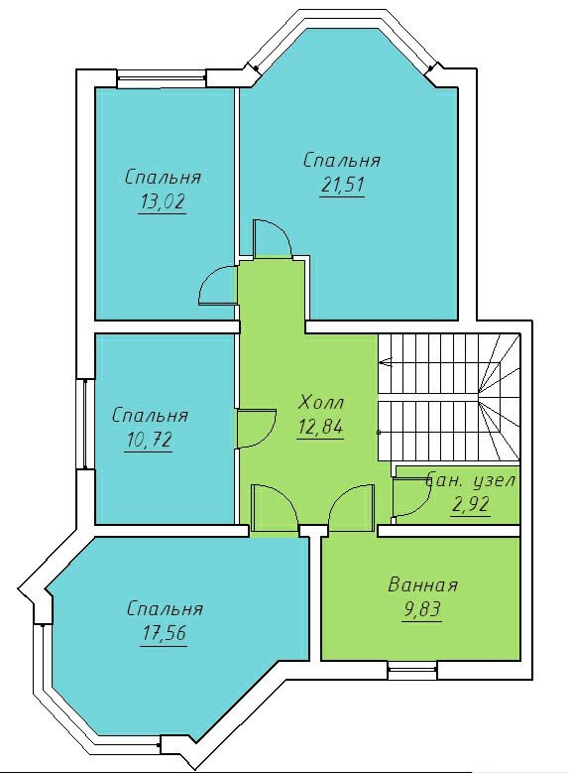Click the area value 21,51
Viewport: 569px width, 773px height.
click(342, 186)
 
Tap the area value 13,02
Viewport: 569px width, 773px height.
click(164, 201)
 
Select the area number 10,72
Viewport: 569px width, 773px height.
click(149, 440)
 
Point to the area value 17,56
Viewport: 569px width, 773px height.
click(164, 633)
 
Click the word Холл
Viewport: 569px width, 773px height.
click(321, 403)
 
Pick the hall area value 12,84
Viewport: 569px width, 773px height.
click(320, 428)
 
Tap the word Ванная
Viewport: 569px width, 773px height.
click(422, 585)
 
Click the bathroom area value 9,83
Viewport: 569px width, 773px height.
click(421, 610)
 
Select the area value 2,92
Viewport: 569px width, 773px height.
click(471, 505)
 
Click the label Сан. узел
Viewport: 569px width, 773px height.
click(471, 480)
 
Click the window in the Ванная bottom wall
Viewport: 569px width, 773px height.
click(412, 670)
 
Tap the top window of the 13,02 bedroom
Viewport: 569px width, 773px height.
click(162, 78)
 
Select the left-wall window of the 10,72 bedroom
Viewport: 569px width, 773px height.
click(84, 424)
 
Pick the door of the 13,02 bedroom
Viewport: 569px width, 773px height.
click(217, 286)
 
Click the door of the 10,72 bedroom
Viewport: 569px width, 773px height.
click(257, 428)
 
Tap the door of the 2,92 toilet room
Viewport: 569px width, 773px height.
click(411, 498)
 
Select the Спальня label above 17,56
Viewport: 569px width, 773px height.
click(165, 609)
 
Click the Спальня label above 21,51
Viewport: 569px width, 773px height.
click(342, 161)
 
